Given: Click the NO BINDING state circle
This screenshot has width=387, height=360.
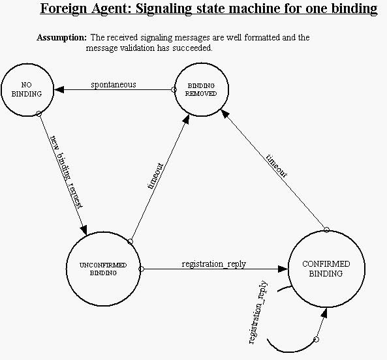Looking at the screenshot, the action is (x=27, y=63).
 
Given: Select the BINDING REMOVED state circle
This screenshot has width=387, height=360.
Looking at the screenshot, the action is (x=202, y=63).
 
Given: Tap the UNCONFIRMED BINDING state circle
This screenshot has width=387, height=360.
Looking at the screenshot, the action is (x=103, y=232).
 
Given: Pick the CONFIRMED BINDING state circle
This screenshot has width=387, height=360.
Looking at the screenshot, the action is (x=326, y=231).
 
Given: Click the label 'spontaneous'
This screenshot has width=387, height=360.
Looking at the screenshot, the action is (x=114, y=85).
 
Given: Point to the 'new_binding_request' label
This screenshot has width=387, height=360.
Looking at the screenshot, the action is (x=66, y=172).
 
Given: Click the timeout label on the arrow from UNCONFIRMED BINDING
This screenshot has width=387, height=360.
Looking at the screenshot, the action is (x=155, y=176).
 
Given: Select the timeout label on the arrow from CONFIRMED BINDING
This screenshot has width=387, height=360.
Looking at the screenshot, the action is (x=277, y=166).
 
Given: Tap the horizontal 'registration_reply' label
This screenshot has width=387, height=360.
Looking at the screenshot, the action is (x=214, y=264).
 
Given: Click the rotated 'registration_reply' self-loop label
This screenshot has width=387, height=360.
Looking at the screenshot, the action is (x=258, y=312).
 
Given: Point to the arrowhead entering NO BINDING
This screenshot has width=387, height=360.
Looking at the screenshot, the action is (x=59, y=89).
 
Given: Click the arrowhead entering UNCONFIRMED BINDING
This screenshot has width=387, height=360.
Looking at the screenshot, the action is (x=84, y=230).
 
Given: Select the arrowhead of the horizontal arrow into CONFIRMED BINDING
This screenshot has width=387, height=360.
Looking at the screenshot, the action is (x=283, y=269).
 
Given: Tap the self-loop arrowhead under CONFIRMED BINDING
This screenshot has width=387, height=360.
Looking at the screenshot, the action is (x=324, y=312).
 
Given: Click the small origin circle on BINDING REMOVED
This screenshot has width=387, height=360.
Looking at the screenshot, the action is (x=174, y=90).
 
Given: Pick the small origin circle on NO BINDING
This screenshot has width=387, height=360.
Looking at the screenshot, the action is (x=39, y=113).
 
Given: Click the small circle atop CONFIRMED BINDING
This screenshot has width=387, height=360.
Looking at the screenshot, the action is (x=326, y=230).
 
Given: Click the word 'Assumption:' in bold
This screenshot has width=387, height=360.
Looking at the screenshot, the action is (x=62, y=38).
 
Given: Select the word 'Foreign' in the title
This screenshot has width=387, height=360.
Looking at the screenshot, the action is (x=63, y=9).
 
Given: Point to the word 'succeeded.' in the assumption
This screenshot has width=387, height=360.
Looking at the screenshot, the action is (x=193, y=48).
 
